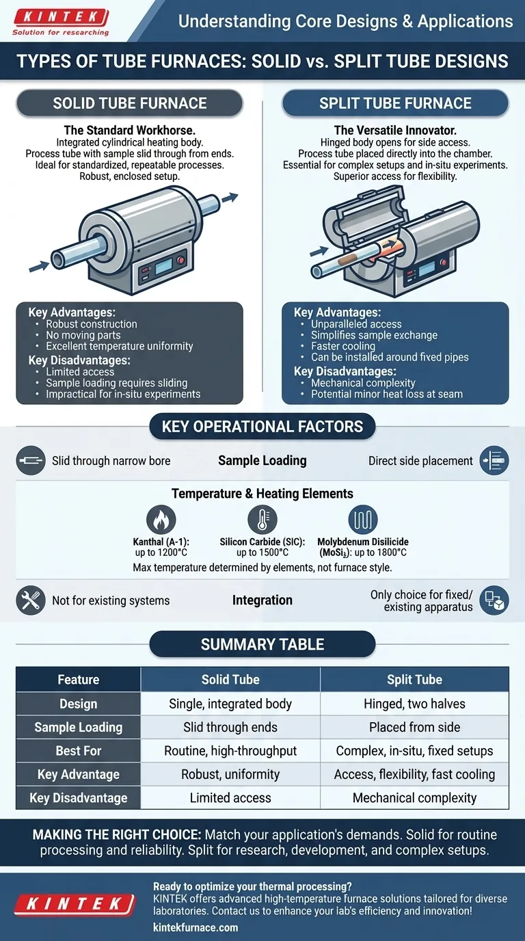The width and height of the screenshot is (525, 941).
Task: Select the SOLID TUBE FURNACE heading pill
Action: click(129, 104)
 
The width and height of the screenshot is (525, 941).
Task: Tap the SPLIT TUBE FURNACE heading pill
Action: click(395, 104)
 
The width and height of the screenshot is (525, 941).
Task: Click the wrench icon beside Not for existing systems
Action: click(31, 600)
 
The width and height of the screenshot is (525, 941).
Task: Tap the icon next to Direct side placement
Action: click(494, 461)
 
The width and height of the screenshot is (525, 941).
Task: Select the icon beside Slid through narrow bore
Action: click(31, 461)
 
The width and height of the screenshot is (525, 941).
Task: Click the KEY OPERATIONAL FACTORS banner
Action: click(262, 427)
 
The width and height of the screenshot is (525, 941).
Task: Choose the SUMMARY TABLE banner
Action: click(262, 644)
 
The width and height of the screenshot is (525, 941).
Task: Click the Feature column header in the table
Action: click(78, 680)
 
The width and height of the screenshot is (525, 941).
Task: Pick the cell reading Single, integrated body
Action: click(230, 704)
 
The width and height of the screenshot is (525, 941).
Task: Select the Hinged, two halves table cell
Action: click(414, 704)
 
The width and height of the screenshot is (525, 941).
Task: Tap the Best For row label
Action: click(78, 751)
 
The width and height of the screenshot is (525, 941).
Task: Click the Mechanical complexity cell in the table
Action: click(414, 798)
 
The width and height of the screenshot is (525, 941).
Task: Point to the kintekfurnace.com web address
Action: click(196, 927)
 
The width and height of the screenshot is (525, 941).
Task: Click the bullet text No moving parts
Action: click(83, 335)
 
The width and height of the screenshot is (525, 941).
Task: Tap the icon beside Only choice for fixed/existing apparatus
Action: click(494, 600)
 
